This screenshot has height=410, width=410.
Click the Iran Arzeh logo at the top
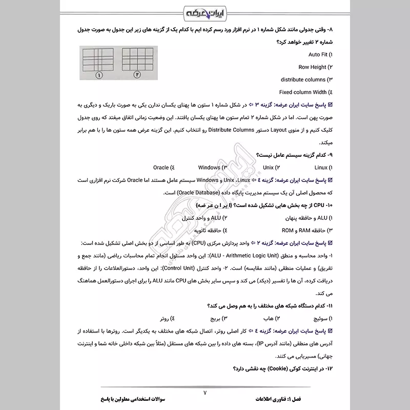point(205,11)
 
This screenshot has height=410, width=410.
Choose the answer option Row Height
point(314,67)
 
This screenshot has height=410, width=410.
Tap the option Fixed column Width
point(305,92)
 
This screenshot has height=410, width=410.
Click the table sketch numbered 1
point(98,62)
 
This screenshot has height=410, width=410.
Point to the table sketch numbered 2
point(137,62)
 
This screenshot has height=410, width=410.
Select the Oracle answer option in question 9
point(163,168)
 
